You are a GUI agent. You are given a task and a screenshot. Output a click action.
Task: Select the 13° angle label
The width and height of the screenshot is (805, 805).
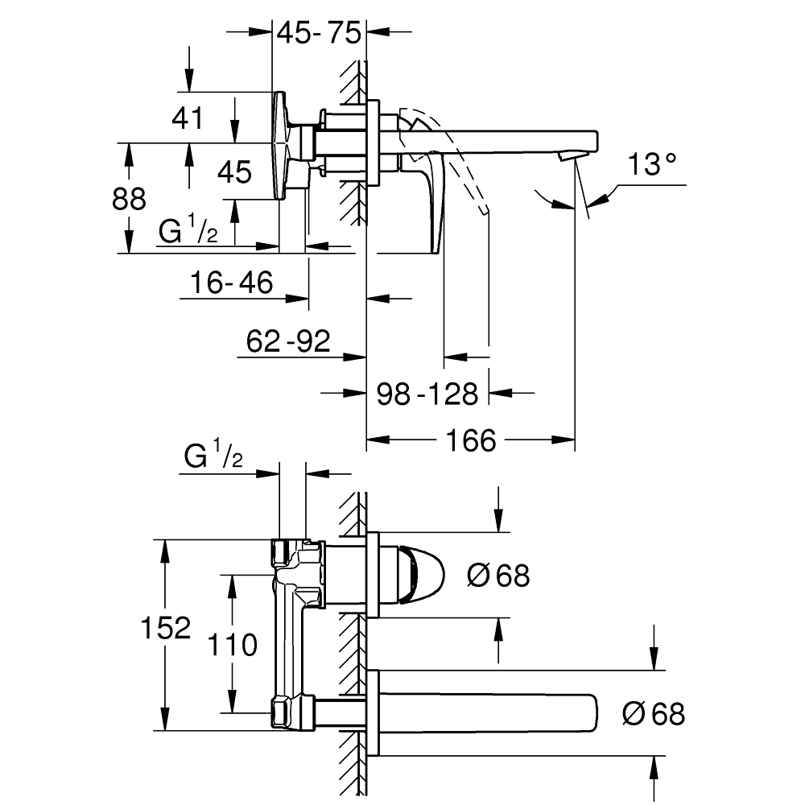pyautogui.click(x=651, y=166)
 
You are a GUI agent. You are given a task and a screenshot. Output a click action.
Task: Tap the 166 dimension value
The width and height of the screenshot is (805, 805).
pyautogui.click(x=471, y=440)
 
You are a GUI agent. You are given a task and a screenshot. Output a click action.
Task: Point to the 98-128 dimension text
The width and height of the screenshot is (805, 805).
pyautogui.click(x=427, y=394)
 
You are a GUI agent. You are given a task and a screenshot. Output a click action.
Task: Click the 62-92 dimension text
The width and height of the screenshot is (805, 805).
pyautogui.click(x=288, y=341)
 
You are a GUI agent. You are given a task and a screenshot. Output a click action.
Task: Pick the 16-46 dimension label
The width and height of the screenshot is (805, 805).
pyautogui.click(x=232, y=283)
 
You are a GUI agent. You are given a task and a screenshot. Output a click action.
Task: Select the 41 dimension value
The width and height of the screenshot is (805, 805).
pyautogui.click(x=188, y=119)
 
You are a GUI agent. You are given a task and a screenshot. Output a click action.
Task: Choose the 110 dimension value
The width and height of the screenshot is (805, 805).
pyautogui.click(x=232, y=644)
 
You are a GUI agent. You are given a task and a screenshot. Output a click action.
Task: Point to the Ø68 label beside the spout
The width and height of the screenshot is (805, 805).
pyautogui.click(x=654, y=712)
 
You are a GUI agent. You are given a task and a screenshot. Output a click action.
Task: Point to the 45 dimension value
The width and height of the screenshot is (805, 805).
pyautogui.click(x=235, y=171)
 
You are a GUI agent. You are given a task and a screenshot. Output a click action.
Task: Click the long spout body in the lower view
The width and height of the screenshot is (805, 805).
pyautogui.click(x=491, y=712)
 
